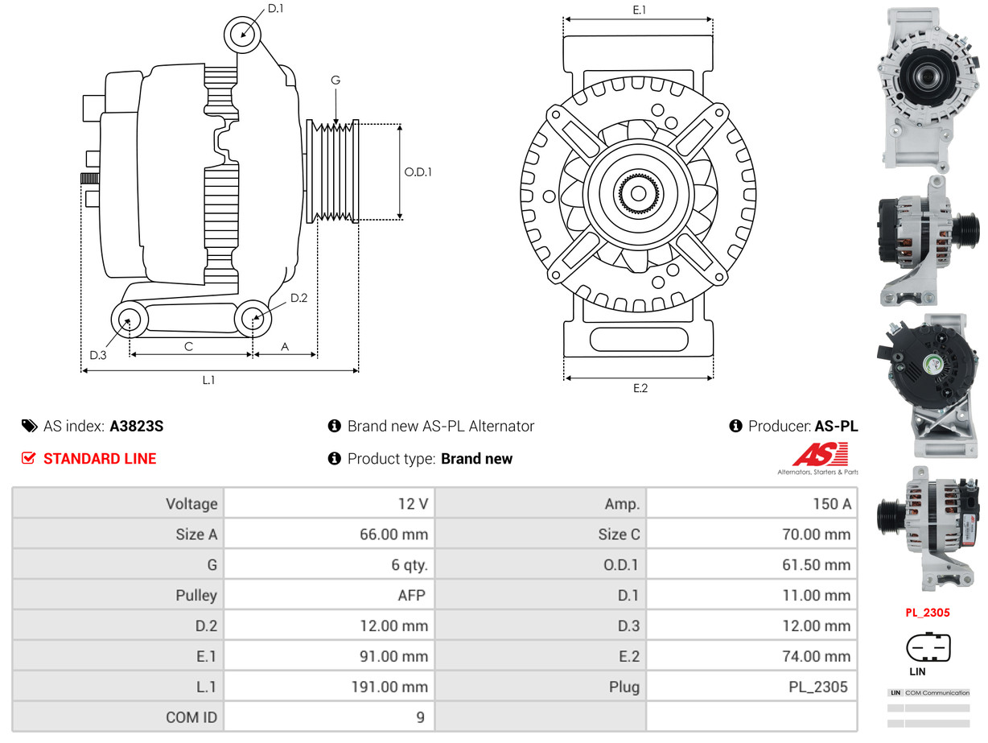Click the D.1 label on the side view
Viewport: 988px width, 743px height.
click(x=275, y=9)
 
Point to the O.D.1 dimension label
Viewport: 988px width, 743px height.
click(x=418, y=171)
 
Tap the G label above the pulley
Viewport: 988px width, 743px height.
click(x=336, y=80)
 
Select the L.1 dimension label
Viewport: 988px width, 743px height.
click(x=208, y=380)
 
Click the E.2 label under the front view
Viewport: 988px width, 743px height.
click(x=640, y=388)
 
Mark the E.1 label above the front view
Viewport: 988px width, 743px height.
click(x=640, y=10)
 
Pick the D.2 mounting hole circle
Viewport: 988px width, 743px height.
click(x=253, y=319)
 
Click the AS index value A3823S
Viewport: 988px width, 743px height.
click(x=136, y=427)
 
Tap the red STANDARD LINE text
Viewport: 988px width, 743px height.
click(x=100, y=459)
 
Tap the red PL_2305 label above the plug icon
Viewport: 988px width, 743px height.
click(x=927, y=613)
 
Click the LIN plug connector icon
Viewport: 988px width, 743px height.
click(x=928, y=647)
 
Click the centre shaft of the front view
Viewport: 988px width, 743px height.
click(x=638, y=193)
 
